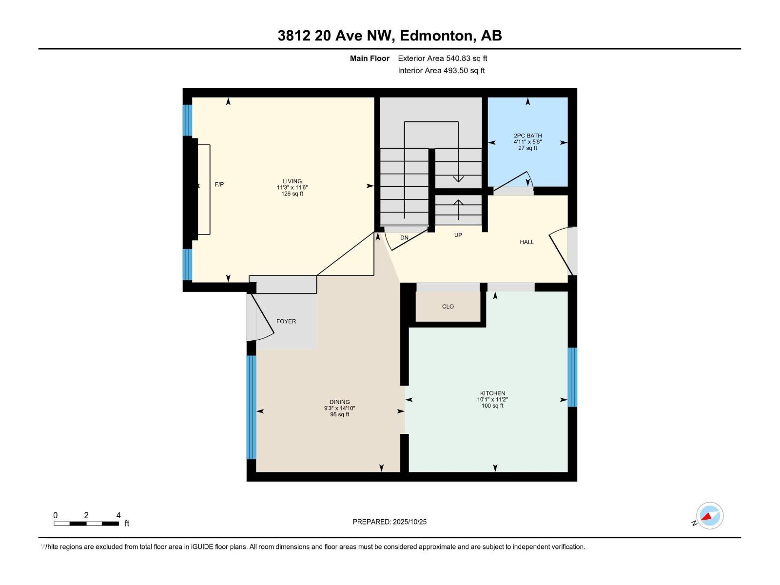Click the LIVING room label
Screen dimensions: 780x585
coord(292,181)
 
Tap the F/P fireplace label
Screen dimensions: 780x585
coord(219,184)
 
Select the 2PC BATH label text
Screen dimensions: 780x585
coord(527,136)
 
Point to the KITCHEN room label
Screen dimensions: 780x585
coord(492,393)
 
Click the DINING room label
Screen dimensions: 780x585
coord(339,402)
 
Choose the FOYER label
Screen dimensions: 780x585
coord(286,321)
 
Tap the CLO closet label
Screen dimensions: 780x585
coord(448,307)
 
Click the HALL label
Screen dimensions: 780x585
coord(526,242)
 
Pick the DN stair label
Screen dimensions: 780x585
coord(405,237)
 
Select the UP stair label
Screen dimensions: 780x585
coord(458,235)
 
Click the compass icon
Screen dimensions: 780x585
coord(710,515)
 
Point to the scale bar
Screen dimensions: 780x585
coord(86,523)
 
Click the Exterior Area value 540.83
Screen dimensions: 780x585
coord(458,58)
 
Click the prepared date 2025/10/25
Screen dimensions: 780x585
coord(409,522)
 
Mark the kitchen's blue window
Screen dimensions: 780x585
coord(572,377)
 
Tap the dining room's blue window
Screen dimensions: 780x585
coord(251,408)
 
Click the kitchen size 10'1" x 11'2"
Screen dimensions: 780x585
coord(492,399)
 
